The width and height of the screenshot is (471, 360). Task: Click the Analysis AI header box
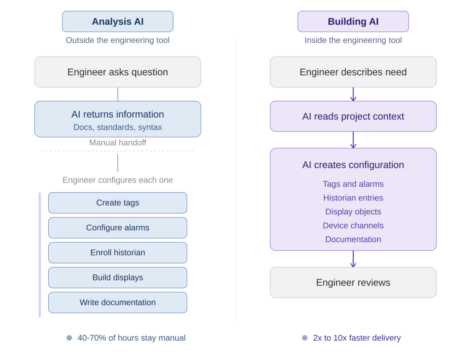tap(118, 22)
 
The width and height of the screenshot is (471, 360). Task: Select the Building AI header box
tap(353, 22)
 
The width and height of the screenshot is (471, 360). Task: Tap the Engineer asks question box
tap(118, 72)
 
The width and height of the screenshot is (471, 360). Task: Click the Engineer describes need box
tap(353, 72)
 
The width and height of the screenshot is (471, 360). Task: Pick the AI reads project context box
tap(353, 116)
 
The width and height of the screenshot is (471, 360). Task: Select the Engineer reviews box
tap(353, 282)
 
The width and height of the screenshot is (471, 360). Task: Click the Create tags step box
tap(118, 203)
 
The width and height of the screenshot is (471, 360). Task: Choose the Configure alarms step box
tap(118, 228)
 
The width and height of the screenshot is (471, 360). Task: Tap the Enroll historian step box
tap(118, 252)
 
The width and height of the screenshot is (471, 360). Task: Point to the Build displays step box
tap(118, 277)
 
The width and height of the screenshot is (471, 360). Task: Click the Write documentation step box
tap(118, 302)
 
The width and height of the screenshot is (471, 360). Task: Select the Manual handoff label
tap(118, 143)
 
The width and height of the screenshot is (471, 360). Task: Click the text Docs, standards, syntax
tap(118, 127)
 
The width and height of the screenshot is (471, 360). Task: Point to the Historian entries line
tap(353, 198)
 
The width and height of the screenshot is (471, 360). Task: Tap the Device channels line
tap(353, 225)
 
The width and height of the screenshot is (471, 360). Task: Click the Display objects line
tap(353, 211)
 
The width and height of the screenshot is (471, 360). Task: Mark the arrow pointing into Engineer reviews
tap(353, 259)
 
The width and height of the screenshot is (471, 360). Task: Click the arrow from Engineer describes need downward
tap(353, 94)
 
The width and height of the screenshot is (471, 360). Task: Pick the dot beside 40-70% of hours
tap(69, 338)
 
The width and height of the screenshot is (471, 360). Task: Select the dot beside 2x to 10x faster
tap(304, 338)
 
